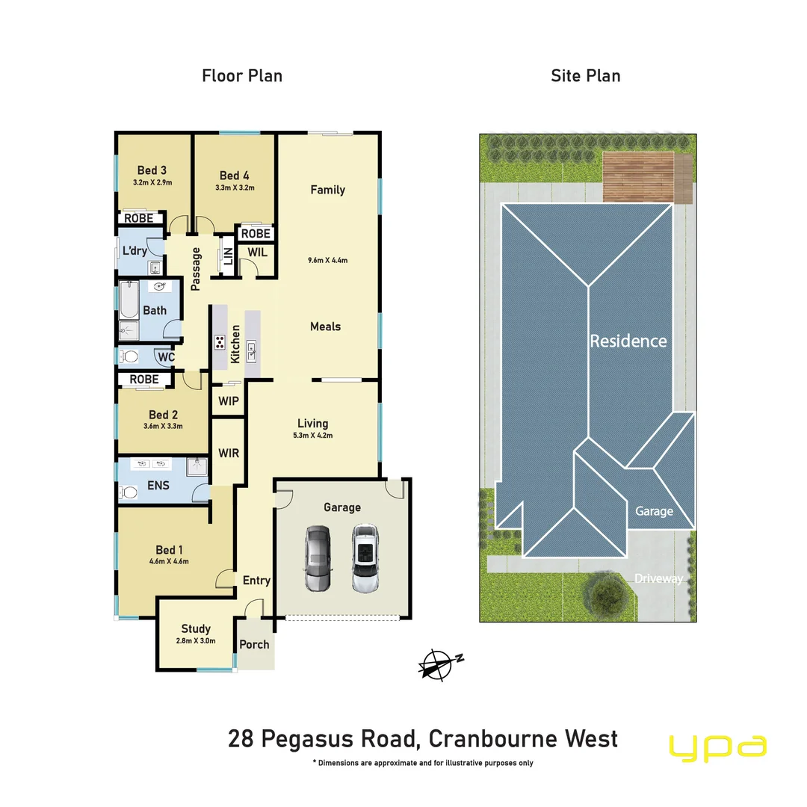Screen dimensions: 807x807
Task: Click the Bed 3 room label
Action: pos(152,171)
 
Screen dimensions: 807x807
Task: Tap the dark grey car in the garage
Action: pos(317,559)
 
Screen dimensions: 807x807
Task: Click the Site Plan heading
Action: pos(585,75)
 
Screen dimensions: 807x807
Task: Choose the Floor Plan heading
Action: pos(242,75)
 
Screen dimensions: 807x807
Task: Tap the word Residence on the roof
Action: pos(628,341)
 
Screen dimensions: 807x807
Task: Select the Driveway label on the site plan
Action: pos(658,578)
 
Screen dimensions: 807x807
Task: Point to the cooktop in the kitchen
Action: pos(220,343)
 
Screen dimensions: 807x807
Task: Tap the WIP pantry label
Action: pos(229,401)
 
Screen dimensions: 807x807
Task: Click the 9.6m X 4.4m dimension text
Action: pos(327,261)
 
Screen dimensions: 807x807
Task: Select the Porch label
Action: pos(254,644)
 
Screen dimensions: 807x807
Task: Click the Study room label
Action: pos(196,629)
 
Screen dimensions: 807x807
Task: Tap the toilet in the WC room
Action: pos(130,356)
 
